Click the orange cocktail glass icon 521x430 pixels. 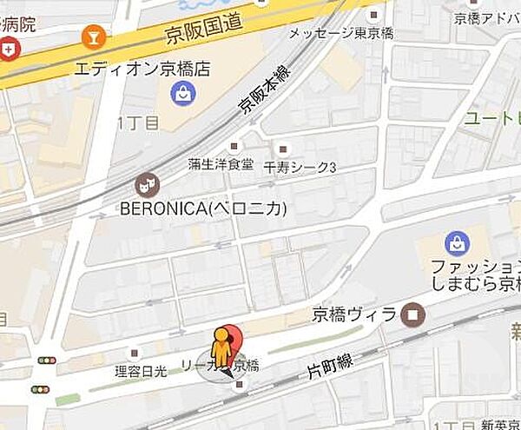(x=89, y=37)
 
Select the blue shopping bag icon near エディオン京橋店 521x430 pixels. (x=183, y=94)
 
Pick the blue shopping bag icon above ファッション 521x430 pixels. (x=456, y=244)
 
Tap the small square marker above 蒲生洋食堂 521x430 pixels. (x=234, y=147)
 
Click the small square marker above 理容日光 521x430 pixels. (x=135, y=354)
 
